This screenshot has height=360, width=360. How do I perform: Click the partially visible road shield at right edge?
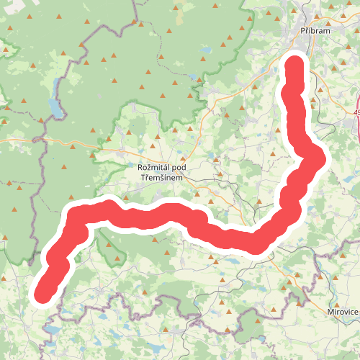356,113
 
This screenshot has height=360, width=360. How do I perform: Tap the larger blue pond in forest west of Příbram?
206,52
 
